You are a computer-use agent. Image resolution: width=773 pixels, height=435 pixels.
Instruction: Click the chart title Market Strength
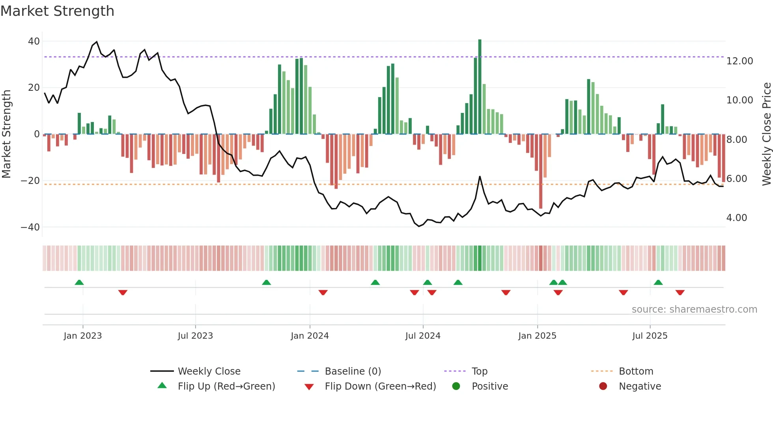coord(57,11)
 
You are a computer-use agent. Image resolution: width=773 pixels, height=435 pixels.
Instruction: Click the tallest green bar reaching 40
coord(480,87)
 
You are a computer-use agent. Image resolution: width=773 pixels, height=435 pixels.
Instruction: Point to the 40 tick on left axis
coord(34,41)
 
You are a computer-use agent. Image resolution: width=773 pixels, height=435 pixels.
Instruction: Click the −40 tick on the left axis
coord(30,227)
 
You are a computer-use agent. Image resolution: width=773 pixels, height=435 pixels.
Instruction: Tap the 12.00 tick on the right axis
coord(739,61)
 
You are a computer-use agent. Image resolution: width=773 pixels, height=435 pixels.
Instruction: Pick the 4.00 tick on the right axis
coord(736,218)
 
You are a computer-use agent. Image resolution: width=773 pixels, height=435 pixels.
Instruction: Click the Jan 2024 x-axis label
coord(310,336)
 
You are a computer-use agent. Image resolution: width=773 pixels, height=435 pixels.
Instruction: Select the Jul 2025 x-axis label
coord(650,336)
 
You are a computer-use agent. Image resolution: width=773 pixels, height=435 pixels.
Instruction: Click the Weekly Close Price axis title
coord(766,134)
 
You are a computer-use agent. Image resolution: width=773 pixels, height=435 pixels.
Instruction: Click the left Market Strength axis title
coord(6,134)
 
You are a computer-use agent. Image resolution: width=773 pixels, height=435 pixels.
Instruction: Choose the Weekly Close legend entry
coord(209,371)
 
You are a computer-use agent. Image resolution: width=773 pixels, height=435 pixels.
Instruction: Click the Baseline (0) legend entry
coord(353,371)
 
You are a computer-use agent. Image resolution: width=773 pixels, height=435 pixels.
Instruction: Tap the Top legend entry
coord(479,371)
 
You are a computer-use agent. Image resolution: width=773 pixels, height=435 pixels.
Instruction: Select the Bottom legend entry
coord(636,371)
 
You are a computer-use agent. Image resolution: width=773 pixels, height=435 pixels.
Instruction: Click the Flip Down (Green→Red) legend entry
coord(380,386)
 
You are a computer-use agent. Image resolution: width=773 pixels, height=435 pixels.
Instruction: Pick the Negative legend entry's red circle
coord(603,386)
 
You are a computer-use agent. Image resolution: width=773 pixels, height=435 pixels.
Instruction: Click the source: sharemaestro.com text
coord(694,309)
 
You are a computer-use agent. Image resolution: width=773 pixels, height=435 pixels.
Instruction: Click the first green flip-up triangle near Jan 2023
coord(79,283)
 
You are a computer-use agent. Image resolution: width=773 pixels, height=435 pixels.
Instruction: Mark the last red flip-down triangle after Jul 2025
coord(680,292)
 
